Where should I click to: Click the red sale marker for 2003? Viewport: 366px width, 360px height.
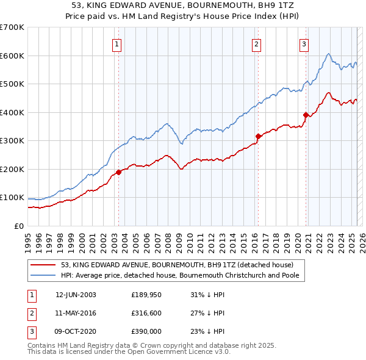pos(118,172)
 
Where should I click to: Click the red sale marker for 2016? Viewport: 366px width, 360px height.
pos(258,136)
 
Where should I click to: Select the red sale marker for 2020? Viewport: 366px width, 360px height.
pos(306,115)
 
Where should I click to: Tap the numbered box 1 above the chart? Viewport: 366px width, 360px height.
pos(117,43)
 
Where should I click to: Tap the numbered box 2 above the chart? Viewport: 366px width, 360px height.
pos(257,43)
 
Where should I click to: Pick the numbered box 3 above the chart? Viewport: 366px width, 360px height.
pos(304,43)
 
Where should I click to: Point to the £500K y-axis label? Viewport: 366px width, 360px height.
pos(12,84)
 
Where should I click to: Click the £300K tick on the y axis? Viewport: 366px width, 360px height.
pos(12,141)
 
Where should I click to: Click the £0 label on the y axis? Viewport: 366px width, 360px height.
pos(18,226)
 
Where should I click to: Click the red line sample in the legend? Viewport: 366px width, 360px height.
pos(44,265)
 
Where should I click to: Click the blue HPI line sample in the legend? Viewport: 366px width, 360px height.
pos(44,275)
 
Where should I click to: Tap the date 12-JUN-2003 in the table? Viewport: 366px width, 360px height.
pos(76,295)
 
